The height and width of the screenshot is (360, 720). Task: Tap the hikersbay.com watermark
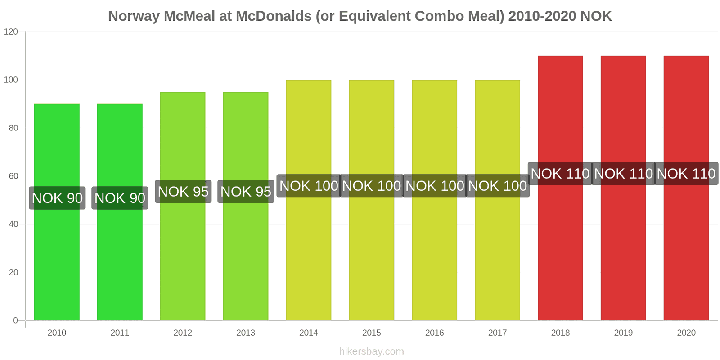pyautogui.click(x=371, y=351)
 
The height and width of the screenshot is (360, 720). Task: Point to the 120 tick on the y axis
pyautogui.click(x=11, y=32)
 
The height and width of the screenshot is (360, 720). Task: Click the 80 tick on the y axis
pyautogui.click(x=13, y=128)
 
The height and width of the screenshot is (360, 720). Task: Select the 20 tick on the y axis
pyautogui.click(x=13, y=272)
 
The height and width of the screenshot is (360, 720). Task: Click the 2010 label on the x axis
pyautogui.click(x=57, y=333)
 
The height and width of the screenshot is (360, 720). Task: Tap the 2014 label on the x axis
pyautogui.click(x=308, y=333)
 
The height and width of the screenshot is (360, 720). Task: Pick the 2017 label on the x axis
pyautogui.click(x=497, y=333)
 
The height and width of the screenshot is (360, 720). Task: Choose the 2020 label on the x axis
pyautogui.click(x=686, y=333)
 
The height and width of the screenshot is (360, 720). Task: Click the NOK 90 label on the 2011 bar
pyautogui.click(x=120, y=198)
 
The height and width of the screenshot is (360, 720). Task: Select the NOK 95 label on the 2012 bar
pyautogui.click(x=183, y=192)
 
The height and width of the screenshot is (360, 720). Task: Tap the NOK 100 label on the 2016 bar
pyautogui.click(x=434, y=186)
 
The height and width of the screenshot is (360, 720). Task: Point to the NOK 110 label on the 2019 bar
pyautogui.click(x=623, y=174)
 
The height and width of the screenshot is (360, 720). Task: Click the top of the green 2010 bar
pyautogui.click(x=57, y=105)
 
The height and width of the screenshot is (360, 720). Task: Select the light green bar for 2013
pyautogui.click(x=246, y=252)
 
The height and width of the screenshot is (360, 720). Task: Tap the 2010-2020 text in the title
pyautogui.click(x=542, y=16)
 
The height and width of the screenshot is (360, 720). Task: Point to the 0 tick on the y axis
pyautogui.click(x=15, y=320)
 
